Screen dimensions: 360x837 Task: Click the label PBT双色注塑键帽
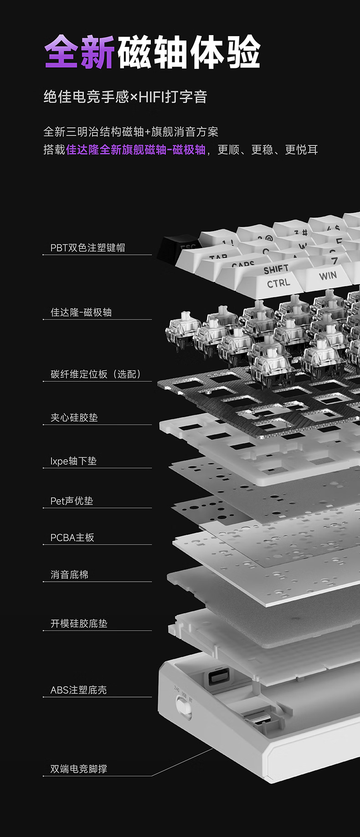click(87, 248)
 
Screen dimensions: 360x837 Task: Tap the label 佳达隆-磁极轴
click(81, 312)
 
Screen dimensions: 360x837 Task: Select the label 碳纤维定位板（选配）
click(96, 374)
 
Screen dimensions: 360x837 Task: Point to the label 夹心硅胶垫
click(74, 418)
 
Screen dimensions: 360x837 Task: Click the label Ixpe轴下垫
click(73, 461)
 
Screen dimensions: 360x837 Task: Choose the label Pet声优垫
click(72, 501)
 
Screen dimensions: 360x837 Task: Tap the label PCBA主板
click(72, 537)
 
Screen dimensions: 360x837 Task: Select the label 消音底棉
click(69, 574)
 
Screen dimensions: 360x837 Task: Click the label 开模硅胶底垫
click(79, 623)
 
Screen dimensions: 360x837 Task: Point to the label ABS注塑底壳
click(78, 690)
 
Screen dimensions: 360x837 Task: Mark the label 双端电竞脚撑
click(79, 769)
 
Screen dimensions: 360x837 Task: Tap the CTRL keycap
click(278, 284)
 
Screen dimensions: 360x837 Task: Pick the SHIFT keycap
click(275, 269)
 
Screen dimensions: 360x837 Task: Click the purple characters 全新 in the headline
click(80, 51)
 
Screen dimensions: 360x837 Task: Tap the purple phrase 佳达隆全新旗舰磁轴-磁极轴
click(136, 150)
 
